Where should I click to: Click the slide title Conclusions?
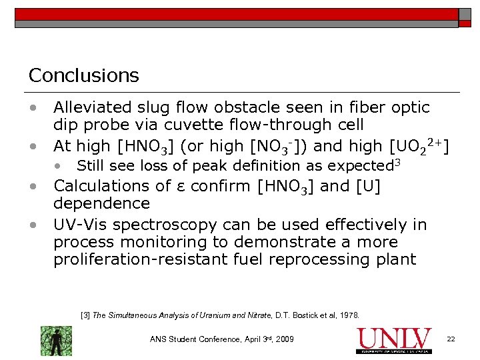pyautogui.click(x=83, y=75)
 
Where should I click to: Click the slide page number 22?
pyautogui.click(x=451, y=339)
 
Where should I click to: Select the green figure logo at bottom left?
pyautogui.click(x=56, y=341)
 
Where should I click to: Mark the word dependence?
pyautogui.click(x=101, y=203)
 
